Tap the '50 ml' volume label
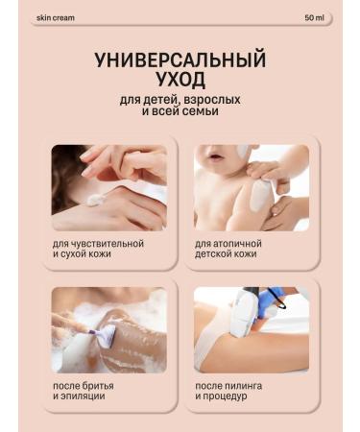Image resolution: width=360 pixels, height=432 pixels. coord(313,17)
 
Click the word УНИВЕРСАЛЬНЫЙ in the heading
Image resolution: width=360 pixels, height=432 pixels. coord(180,60)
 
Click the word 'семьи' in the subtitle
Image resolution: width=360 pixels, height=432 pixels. coord(198,111)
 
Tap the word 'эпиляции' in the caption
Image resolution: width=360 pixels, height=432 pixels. coord(81,396)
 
